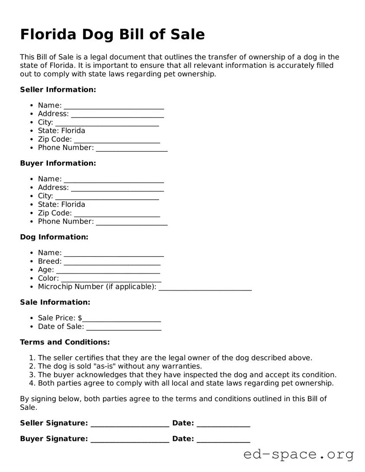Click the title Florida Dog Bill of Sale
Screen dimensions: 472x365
tap(112, 35)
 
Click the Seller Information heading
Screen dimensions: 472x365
tap(58, 89)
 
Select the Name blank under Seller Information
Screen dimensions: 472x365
tap(114, 106)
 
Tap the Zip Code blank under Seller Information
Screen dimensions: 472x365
tap(117, 140)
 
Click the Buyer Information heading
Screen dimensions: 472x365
tap(58, 163)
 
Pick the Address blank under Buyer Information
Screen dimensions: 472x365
tap(117, 188)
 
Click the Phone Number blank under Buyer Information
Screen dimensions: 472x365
tap(131, 222)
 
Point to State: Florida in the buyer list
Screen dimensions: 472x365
tap(61, 204)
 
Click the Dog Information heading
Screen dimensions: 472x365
tap(54, 237)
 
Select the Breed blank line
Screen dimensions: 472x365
tap(112, 262)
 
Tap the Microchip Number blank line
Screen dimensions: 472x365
tap(205, 287)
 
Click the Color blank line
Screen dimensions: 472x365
tap(111, 279)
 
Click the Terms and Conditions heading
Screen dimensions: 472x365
tap(65, 342)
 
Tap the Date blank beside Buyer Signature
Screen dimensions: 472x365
tap(223, 440)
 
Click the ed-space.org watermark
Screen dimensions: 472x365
tap(298, 454)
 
